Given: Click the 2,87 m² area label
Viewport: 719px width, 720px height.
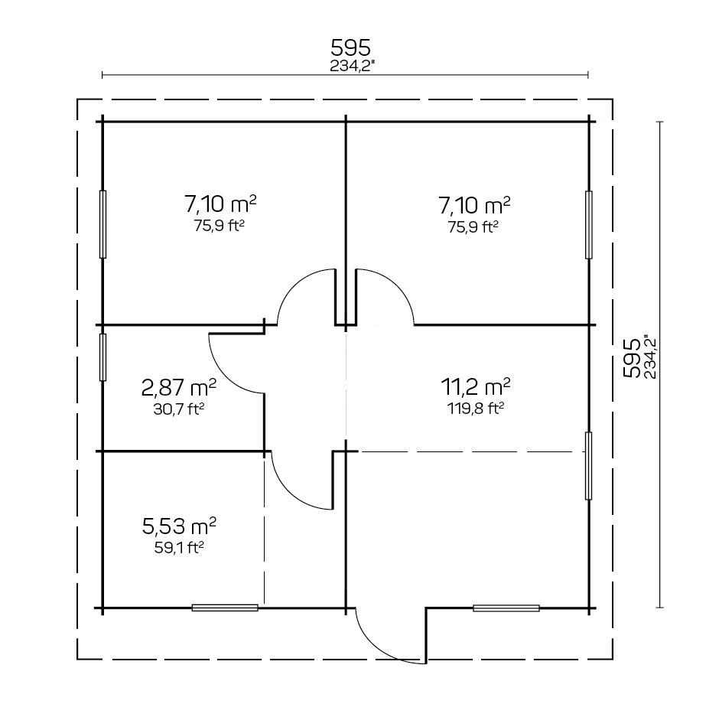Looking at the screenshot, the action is pos(178,388).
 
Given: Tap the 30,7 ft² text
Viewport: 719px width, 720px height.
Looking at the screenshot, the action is pos(178,409).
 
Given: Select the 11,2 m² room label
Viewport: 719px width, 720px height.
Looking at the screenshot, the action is pos(476,386).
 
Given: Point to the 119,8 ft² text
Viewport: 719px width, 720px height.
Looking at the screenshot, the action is pos(476,409).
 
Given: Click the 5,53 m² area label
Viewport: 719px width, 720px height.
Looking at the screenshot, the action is pos(179,526).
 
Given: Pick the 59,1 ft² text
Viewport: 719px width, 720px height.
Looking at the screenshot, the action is pos(179,548).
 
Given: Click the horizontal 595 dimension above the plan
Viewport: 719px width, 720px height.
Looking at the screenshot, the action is pos(351,47).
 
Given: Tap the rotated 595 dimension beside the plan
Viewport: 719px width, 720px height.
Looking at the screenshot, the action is pos(632,358).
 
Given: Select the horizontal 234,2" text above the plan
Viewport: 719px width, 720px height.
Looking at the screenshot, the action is pos(352,66).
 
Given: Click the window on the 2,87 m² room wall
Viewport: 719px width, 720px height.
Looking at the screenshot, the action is pos(102,357).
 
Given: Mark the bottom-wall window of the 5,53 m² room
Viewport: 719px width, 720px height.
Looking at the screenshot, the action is pos(225,608).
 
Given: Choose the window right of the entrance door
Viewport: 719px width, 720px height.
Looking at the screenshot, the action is pos(506,608).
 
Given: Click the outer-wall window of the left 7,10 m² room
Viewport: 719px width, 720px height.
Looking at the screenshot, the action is pos(102,224).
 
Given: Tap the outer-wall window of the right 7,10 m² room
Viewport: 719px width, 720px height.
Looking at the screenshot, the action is pos(589,225).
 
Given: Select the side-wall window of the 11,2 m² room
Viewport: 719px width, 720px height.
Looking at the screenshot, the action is pos(589,466).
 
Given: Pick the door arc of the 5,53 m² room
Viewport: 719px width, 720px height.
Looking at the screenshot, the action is pos(289,494).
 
